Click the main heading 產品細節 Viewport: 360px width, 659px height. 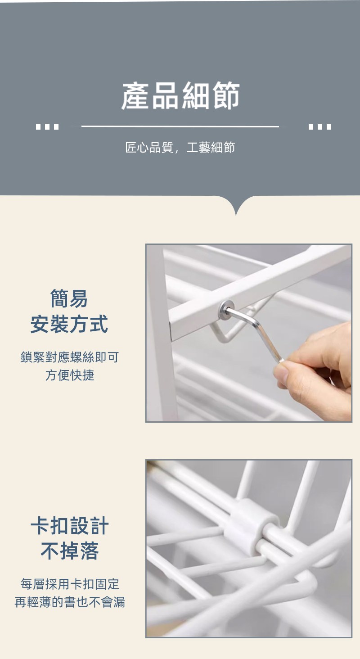click(x=180, y=96)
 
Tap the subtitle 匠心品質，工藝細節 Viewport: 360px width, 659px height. click(x=180, y=147)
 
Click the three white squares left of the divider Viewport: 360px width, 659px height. click(x=47, y=127)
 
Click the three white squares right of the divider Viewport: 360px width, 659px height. click(x=320, y=127)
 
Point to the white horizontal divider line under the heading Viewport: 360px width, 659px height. click(x=180, y=126)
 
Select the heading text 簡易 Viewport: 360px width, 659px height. click(x=69, y=298)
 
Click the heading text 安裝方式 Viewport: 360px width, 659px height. click(x=69, y=324)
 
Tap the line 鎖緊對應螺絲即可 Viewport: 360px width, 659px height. click(x=70, y=357)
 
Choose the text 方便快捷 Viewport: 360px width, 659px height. click(x=70, y=375)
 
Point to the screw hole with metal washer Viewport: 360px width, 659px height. click(x=226, y=310)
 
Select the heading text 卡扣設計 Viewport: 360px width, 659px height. click(x=70, y=526)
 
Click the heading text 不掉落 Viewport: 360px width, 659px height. click(x=70, y=551)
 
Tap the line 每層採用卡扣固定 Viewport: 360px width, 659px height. click(x=70, y=584)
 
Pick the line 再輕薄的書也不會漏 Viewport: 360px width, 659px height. click(x=70, y=602)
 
